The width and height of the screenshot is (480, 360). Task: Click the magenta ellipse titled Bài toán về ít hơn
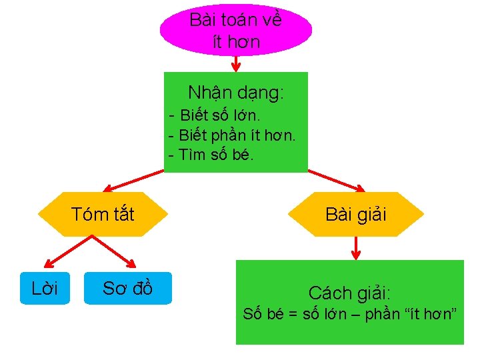(x=235, y=29)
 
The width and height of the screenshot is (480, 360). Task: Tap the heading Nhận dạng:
(x=235, y=92)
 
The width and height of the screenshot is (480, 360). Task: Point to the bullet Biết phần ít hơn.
(x=232, y=135)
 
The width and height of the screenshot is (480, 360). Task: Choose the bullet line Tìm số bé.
(x=211, y=155)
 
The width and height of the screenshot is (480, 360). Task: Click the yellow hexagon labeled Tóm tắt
(x=103, y=214)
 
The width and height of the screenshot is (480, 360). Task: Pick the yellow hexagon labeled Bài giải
(x=355, y=214)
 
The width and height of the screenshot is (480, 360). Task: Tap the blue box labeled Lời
(x=45, y=288)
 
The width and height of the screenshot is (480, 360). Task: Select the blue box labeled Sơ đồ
(x=127, y=288)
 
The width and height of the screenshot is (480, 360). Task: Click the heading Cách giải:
(x=349, y=292)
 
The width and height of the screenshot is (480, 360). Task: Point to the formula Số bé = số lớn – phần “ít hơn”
(x=349, y=314)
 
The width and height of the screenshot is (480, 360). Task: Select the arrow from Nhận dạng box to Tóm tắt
(x=133, y=181)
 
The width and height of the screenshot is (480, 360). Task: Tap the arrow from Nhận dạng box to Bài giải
(x=336, y=181)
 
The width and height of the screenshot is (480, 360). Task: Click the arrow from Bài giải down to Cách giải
(x=355, y=248)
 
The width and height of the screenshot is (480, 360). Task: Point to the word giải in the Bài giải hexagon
(x=371, y=215)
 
